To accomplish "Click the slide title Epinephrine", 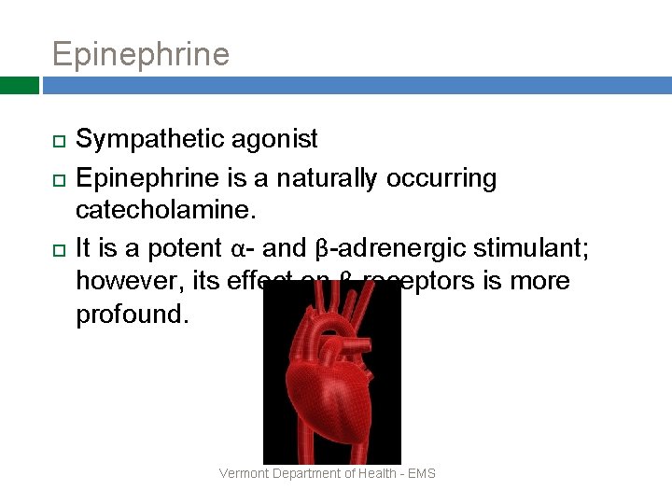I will [x=140, y=54].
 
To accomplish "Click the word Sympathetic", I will [x=149, y=140].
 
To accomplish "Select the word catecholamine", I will [x=164, y=208].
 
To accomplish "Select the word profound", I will [x=132, y=313].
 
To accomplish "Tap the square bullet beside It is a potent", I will [x=58, y=249].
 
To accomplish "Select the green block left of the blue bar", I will [x=19, y=85].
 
